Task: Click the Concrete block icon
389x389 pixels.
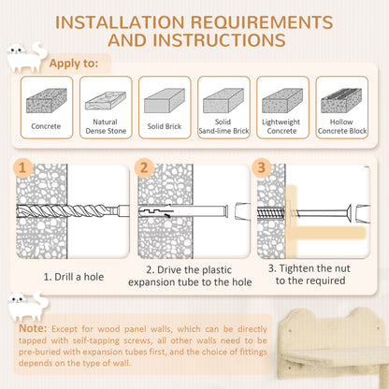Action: [47, 101]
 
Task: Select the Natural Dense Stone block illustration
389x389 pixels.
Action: [106, 100]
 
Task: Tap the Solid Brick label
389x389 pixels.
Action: [165, 126]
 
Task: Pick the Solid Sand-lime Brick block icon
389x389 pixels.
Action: [223, 100]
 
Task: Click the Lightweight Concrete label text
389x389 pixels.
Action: [281, 126]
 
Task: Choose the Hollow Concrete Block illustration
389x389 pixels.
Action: [341, 100]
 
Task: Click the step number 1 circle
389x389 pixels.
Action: [22, 167]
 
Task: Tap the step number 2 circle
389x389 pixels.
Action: [144, 167]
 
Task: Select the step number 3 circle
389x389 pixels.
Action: [261, 167]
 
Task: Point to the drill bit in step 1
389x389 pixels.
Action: [73, 211]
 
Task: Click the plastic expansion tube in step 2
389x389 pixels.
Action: [183, 211]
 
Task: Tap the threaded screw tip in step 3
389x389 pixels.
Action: [271, 213]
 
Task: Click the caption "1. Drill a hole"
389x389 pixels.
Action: [74, 277]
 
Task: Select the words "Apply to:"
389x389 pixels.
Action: [74, 64]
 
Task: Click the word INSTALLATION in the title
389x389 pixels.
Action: [120, 22]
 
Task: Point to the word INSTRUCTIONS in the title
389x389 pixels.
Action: [219, 40]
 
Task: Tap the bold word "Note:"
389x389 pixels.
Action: [33, 328]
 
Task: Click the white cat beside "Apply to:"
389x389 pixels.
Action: [27, 57]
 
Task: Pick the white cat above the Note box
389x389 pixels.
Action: [28, 306]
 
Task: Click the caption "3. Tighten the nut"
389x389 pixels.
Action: [310, 268]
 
